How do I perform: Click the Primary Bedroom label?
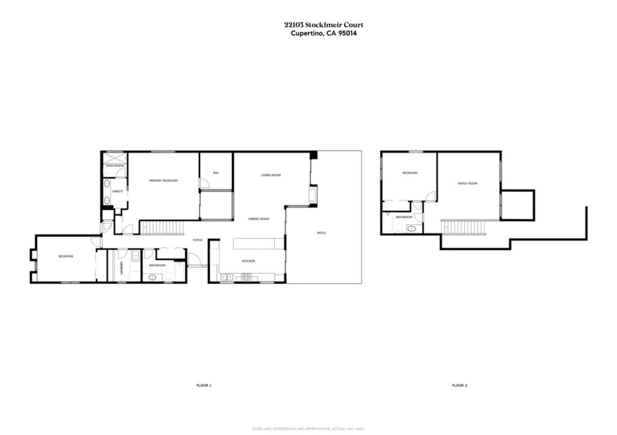click(163, 180)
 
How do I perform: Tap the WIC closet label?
click(216, 173)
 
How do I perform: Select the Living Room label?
click(271, 175)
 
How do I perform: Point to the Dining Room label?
click(258, 219)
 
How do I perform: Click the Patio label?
click(321, 233)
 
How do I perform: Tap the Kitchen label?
click(248, 261)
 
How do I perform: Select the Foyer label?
click(197, 240)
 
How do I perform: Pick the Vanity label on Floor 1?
click(117, 192)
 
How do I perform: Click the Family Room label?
click(467, 183)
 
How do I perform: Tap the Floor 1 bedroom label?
click(66, 256)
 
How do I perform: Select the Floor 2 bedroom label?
click(410, 173)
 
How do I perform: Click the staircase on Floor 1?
click(161, 227)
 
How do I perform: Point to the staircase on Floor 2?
click(463, 227)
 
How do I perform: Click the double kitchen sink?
click(228, 277)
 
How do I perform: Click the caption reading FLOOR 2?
click(460, 385)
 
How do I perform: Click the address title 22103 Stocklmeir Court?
click(324, 25)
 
